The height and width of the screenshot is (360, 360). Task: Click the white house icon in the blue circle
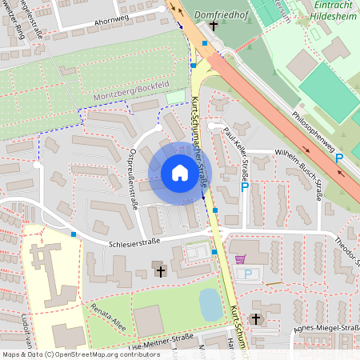179,173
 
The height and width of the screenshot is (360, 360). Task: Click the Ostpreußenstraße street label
134,179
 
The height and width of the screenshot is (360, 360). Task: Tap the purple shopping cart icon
241,259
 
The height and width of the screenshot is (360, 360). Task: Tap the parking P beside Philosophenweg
339,158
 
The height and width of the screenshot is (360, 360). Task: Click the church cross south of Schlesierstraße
160,273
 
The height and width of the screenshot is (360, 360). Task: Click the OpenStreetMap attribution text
81,354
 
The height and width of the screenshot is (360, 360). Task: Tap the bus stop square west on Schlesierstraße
74,234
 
